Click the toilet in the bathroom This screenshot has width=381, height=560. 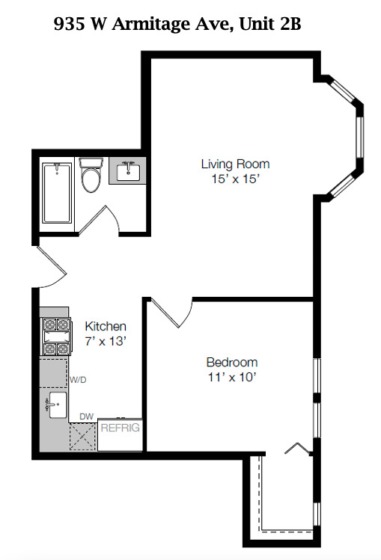click(91, 176)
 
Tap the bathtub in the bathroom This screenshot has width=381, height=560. click(57, 193)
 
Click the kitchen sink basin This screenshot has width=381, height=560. click(58, 405)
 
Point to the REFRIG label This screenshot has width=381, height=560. click(120, 428)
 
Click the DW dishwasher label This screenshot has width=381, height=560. click(87, 416)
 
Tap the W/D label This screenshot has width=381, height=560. click(78, 380)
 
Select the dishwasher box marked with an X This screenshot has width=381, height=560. click(83, 437)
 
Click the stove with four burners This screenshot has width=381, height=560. click(56, 336)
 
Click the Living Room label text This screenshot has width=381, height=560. click(235, 164)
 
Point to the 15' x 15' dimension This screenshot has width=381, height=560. click(235, 179)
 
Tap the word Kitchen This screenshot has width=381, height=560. click(106, 326)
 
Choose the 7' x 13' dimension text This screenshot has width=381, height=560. click(106, 341)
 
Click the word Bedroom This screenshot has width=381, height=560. click(232, 362)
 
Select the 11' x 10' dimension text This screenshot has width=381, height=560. click(233, 377)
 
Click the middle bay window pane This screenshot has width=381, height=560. click(359, 137)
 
